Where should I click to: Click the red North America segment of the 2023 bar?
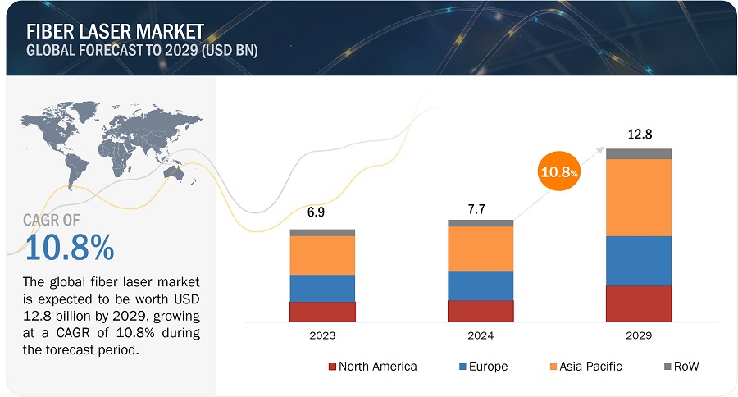click(x=321, y=312)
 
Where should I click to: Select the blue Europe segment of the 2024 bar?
click(x=480, y=285)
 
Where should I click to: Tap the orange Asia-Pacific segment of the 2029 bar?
click(x=638, y=198)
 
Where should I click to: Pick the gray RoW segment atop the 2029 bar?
click(x=638, y=153)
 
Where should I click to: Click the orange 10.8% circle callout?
click(x=558, y=172)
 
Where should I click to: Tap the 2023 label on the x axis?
click(x=321, y=335)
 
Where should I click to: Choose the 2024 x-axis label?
click(x=480, y=335)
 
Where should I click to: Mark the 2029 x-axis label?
click(x=638, y=335)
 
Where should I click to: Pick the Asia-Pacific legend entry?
click(x=586, y=367)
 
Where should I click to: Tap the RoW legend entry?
click(x=681, y=367)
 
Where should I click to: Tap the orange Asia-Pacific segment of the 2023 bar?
click(x=321, y=255)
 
